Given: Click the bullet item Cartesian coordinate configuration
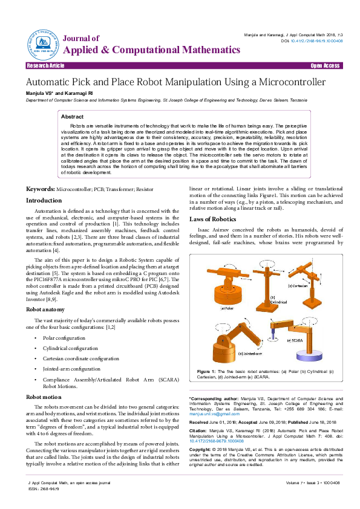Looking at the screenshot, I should [82, 358].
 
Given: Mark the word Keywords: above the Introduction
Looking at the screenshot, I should [40, 189].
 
